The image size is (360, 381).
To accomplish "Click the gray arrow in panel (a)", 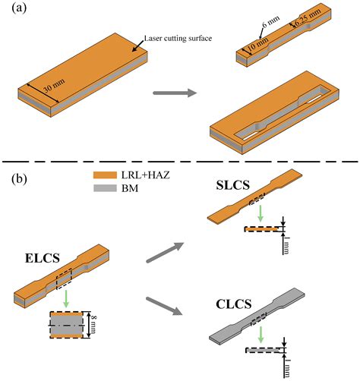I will (174, 94).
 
